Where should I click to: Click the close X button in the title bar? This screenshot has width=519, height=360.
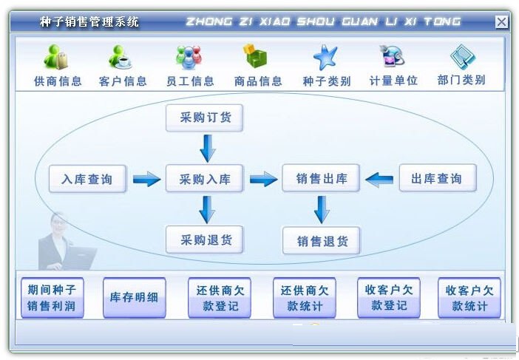click(501, 21)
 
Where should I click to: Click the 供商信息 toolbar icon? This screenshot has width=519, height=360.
click(57, 58)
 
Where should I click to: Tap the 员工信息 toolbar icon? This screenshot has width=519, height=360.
click(189, 58)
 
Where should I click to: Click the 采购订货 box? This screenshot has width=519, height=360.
click(205, 118)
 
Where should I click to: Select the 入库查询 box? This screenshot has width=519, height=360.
click(87, 179)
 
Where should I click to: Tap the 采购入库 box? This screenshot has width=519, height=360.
click(205, 179)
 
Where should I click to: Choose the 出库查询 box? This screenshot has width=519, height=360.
click(437, 178)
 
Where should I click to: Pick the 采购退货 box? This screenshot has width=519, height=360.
click(205, 240)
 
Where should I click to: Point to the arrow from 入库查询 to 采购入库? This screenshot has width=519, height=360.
click(146, 179)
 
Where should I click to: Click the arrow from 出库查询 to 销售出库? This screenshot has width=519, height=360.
click(380, 178)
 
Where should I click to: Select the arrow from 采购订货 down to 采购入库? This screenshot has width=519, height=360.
click(208, 147)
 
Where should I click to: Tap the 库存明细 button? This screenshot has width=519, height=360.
click(134, 298)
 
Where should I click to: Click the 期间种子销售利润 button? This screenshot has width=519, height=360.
click(52, 298)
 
